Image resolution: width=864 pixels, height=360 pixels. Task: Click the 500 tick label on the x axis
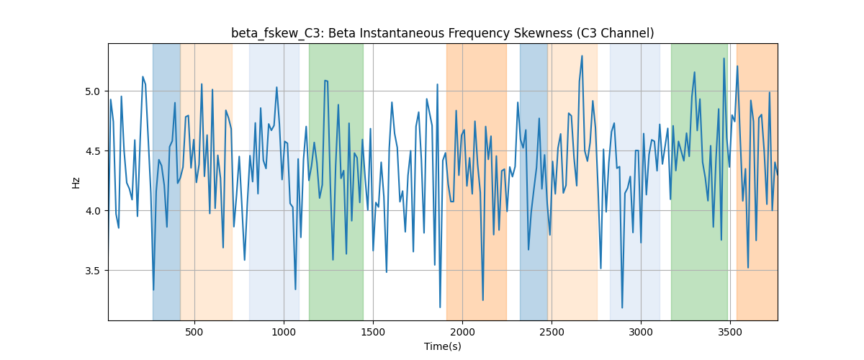tap(194, 332)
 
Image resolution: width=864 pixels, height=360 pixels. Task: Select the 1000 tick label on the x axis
tap(284, 332)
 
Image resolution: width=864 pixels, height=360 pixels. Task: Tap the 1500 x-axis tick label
tap(373, 332)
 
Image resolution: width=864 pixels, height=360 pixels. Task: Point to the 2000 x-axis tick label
tap(462, 332)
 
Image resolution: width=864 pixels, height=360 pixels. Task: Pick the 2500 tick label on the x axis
tap(552, 332)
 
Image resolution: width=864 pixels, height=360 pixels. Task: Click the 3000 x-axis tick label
tap(641, 332)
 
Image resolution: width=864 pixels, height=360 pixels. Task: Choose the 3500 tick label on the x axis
tap(730, 332)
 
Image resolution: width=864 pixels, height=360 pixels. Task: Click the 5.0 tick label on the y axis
tap(92, 91)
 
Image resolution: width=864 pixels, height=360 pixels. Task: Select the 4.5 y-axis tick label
tap(92, 151)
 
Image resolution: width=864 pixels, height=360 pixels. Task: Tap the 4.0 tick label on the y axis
tap(92, 211)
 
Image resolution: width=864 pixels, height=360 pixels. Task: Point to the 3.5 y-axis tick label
tap(92, 271)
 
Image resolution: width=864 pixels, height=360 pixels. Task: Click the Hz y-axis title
tap(76, 182)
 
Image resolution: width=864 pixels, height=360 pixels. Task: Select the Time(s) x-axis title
tap(443, 346)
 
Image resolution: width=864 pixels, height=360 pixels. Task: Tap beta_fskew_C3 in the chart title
tap(275, 34)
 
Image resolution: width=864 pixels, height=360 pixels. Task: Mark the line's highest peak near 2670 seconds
tap(582, 56)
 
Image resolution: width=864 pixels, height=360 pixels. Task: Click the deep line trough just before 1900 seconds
tap(440, 307)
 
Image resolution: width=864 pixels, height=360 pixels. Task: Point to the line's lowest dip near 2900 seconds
tap(622, 307)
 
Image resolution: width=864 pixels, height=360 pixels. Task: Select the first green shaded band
tap(336, 181)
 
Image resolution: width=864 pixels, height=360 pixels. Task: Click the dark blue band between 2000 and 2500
tap(534, 181)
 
